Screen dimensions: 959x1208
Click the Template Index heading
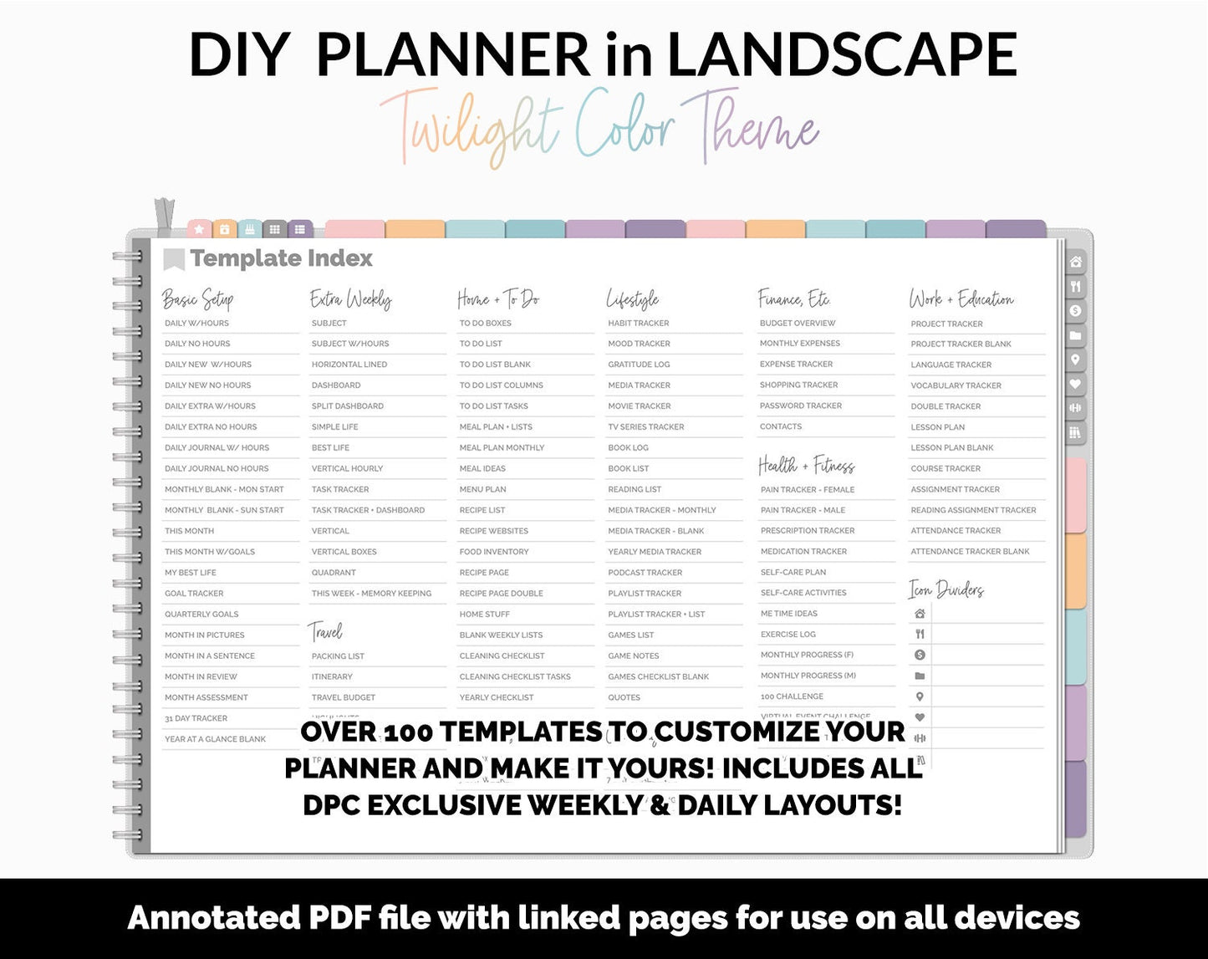281,259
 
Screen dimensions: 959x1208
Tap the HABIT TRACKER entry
638,324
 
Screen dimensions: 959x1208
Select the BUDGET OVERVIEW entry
797,324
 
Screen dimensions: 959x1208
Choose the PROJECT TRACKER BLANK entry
961,344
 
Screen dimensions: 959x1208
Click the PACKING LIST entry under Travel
338,656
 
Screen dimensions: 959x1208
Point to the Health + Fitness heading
806,465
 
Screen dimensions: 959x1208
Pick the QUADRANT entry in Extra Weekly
334,573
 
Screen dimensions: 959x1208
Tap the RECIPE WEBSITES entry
493,531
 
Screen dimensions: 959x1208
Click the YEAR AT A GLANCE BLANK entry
215,739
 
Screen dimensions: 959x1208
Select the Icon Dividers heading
946,590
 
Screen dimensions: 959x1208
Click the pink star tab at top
199,229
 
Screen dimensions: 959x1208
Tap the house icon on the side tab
1075,263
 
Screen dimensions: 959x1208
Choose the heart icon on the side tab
1075,384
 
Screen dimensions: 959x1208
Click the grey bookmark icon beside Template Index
173,260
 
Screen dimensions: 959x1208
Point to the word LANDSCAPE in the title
841,55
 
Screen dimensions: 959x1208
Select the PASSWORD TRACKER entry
800,406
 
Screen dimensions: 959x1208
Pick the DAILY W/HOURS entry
196,324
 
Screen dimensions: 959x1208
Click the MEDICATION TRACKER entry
803,552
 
